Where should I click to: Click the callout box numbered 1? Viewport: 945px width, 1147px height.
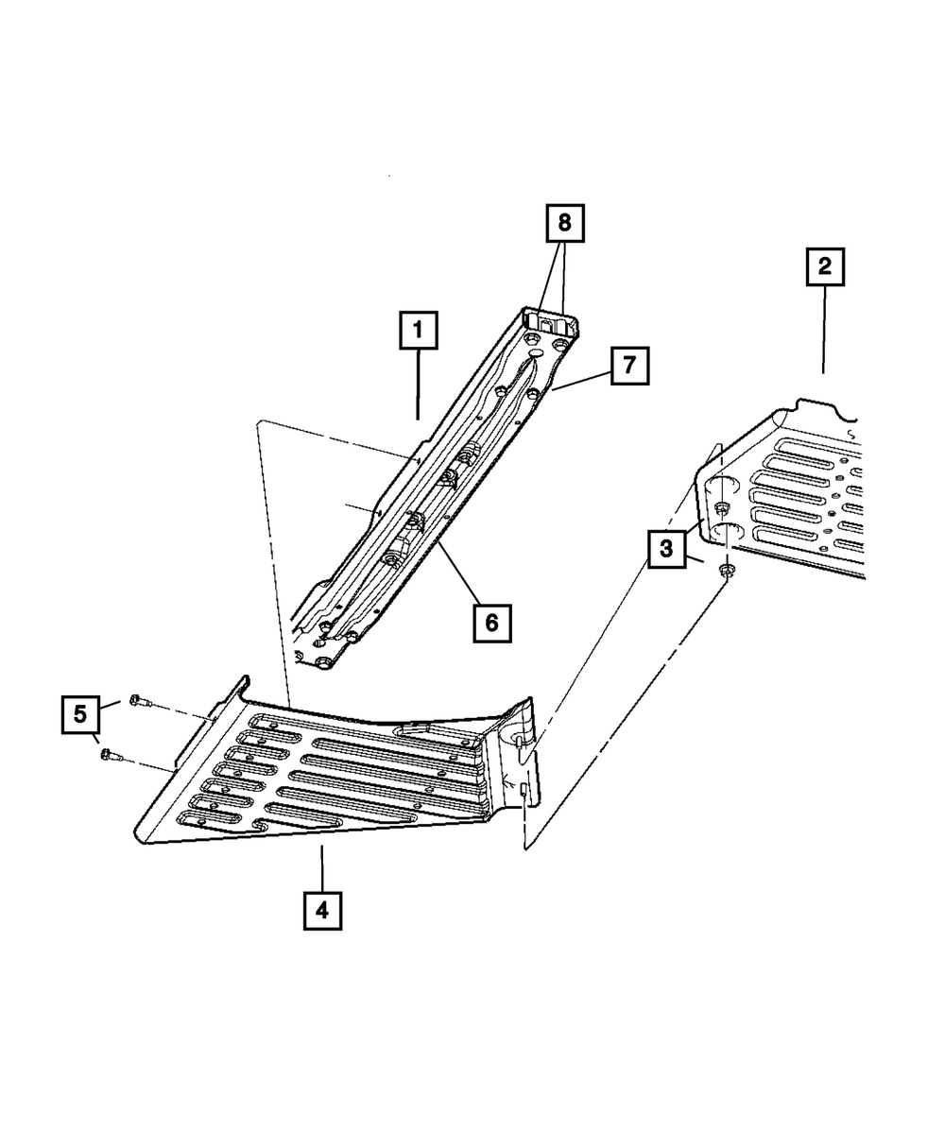(x=418, y=333)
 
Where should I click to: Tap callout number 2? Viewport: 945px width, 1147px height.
(x=824, y=267)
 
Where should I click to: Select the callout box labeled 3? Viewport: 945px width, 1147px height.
(x=666, y=548)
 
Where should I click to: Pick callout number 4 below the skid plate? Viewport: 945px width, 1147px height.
(x=322, y=911)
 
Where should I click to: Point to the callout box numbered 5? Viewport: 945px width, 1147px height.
(x=81, y=714)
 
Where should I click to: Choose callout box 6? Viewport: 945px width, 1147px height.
(x=493, y=622)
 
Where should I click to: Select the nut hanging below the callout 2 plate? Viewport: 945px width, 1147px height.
(x=728, y=571)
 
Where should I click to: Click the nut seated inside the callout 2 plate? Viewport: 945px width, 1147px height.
(x=722, y=510)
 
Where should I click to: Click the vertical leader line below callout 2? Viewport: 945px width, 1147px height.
(x=824, y=331)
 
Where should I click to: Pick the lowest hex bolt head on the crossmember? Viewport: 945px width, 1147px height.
(x=323, y=662)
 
